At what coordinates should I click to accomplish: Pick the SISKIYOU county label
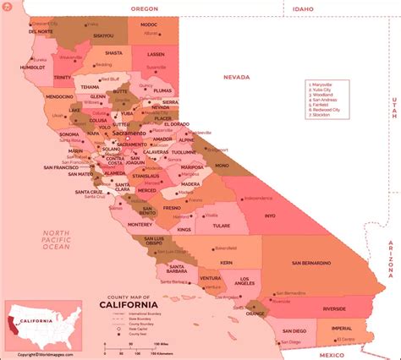tap(103, 35)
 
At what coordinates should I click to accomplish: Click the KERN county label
tap(226, 262)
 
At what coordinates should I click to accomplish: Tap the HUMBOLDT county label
tap(33, 65)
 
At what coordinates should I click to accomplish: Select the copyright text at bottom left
tap(41, 354)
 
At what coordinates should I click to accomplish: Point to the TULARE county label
tap(222, 226)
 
